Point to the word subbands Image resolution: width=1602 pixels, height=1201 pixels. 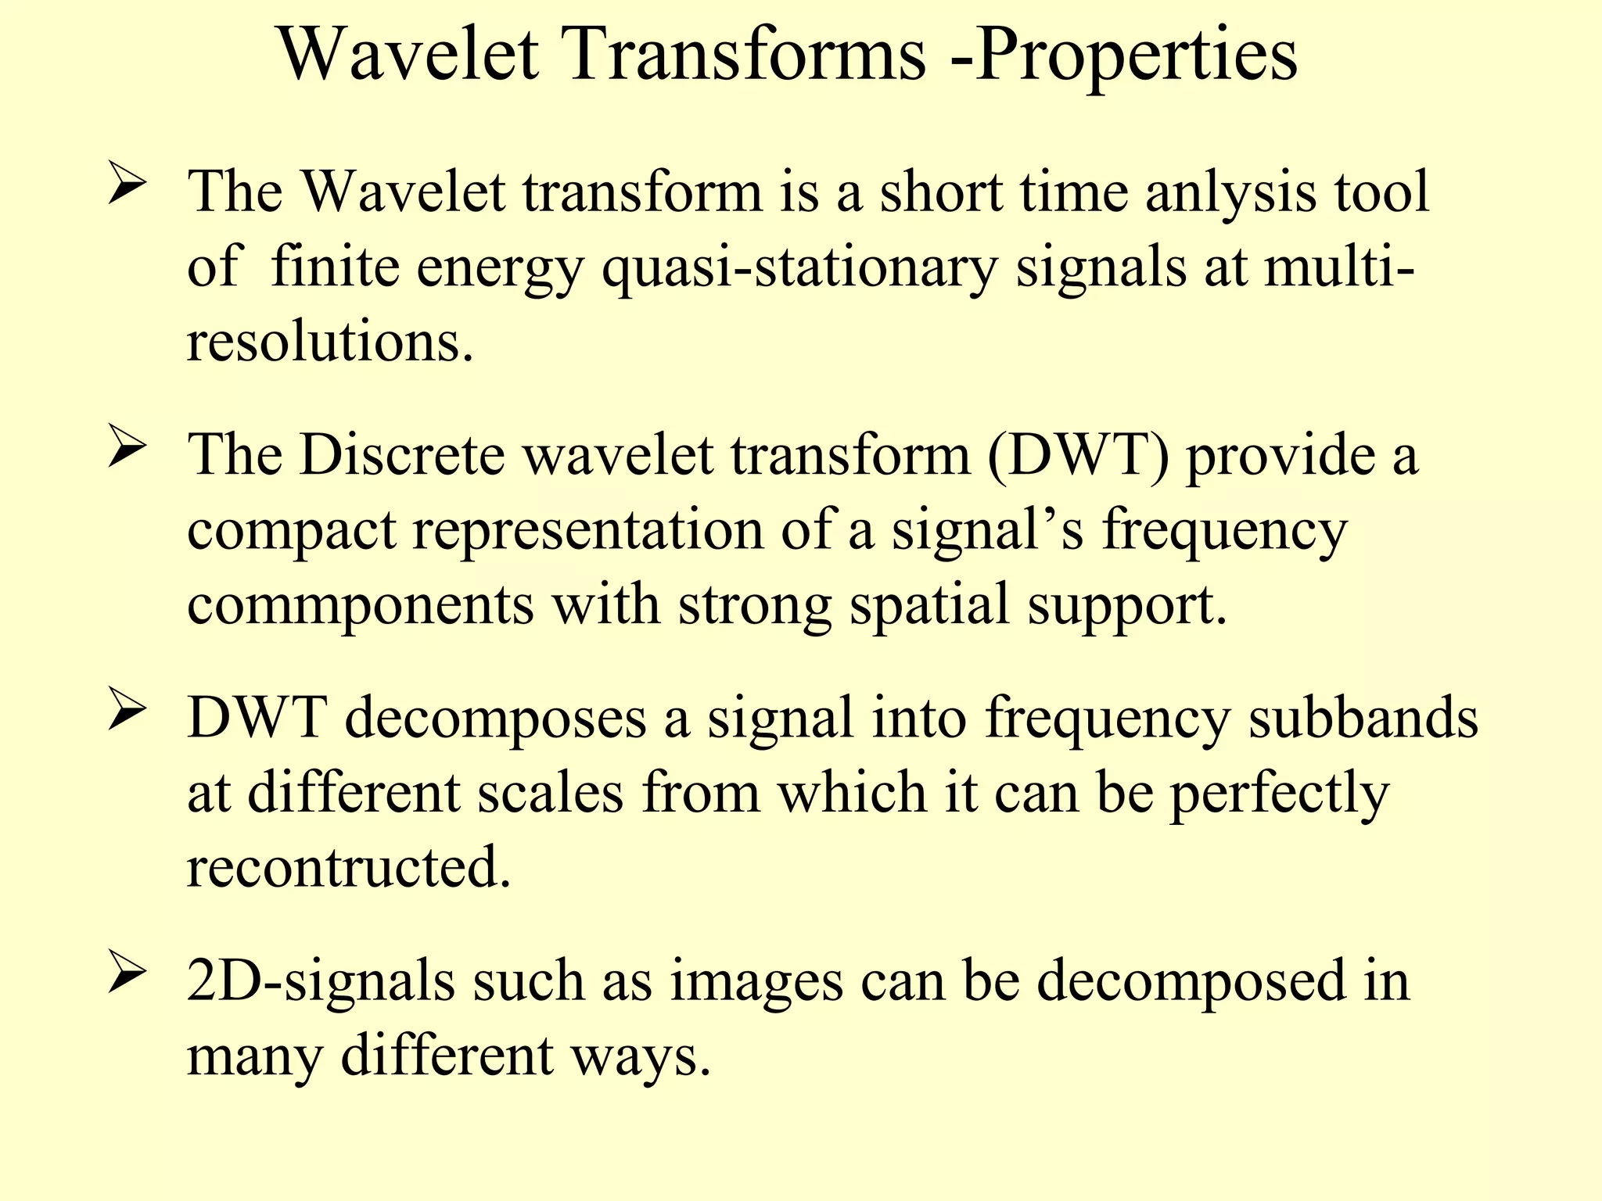click(x=1363, y=718)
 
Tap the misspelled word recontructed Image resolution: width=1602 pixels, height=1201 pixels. click(x=348, y=867)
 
